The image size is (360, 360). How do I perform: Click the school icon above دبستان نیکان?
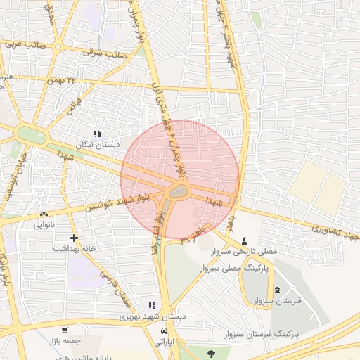click(x=97, y=133)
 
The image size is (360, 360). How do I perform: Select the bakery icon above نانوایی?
click(x=44, y=214)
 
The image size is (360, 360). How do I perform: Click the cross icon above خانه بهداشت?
click(x=74, y=237)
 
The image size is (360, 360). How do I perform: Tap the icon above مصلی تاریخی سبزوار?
click(x=245, y=239)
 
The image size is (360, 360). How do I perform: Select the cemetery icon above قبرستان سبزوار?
click(x=276, y=290)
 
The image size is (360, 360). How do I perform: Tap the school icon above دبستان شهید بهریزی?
click(x=151, y=305)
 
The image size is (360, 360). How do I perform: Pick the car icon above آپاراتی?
click(x=163, y=330)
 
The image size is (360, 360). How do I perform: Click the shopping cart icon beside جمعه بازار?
click(x=65, y=330)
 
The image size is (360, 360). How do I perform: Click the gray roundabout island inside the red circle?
click(x=179, y=191)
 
